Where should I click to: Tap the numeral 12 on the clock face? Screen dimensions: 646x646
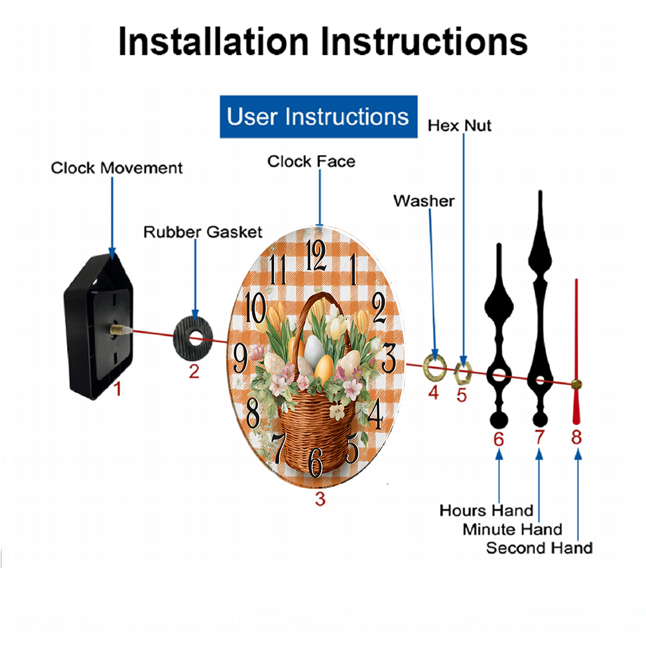[x=317, y=255]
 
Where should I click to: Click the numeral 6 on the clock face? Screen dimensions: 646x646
[x=316, y=463]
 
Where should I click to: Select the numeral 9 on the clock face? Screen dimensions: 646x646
[x=241, y=358]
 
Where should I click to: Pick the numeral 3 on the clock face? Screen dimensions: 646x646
[x=388, y=358]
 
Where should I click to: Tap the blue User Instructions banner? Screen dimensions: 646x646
[x=318, y=116]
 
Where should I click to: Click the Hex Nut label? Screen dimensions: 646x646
[x=459, y=126]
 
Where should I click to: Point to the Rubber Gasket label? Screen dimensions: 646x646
[x=203, y=232]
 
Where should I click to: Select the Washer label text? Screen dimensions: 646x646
[x=424, y=201]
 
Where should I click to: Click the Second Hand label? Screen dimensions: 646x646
[x=539, y=548]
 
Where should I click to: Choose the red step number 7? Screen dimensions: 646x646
[x=539, y=437]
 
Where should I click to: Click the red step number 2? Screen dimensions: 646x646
[x=194, y=371]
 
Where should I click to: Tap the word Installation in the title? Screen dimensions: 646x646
[x=213, y=41]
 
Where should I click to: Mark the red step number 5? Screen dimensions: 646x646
[x=461, y=395]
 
